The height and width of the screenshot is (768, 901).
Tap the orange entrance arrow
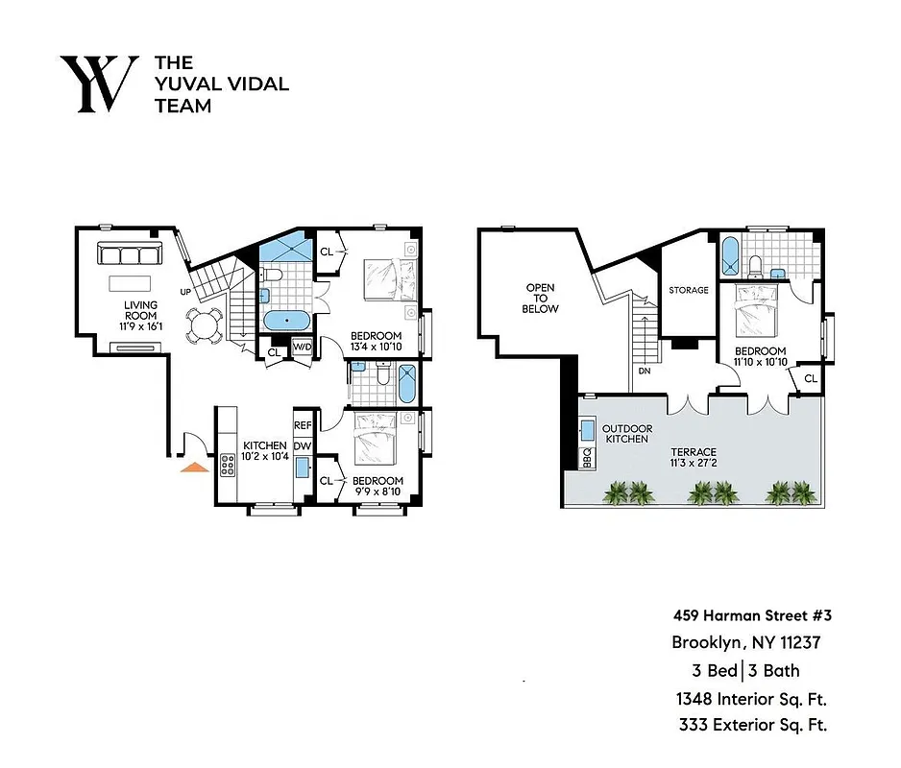pos(195,468)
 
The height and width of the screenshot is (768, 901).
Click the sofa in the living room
pos(129,255)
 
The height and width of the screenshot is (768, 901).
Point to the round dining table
pos(203,324)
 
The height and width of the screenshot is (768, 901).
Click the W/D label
pos(302,348)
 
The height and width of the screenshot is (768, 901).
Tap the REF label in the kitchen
pos(302,424)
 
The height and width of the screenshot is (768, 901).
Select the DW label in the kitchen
pos(302,445)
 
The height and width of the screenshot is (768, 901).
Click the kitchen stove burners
pos(229,466)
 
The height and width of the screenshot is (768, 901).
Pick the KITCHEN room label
pos(264,445)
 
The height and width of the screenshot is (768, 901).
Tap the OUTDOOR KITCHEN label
pos(627,434)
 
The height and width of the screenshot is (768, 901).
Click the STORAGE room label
pos(689,290)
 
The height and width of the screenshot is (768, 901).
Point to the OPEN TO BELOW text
pos(540,298)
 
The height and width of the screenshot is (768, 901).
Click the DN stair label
pos(644,370)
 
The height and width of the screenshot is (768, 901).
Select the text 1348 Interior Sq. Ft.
pos(749,699)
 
